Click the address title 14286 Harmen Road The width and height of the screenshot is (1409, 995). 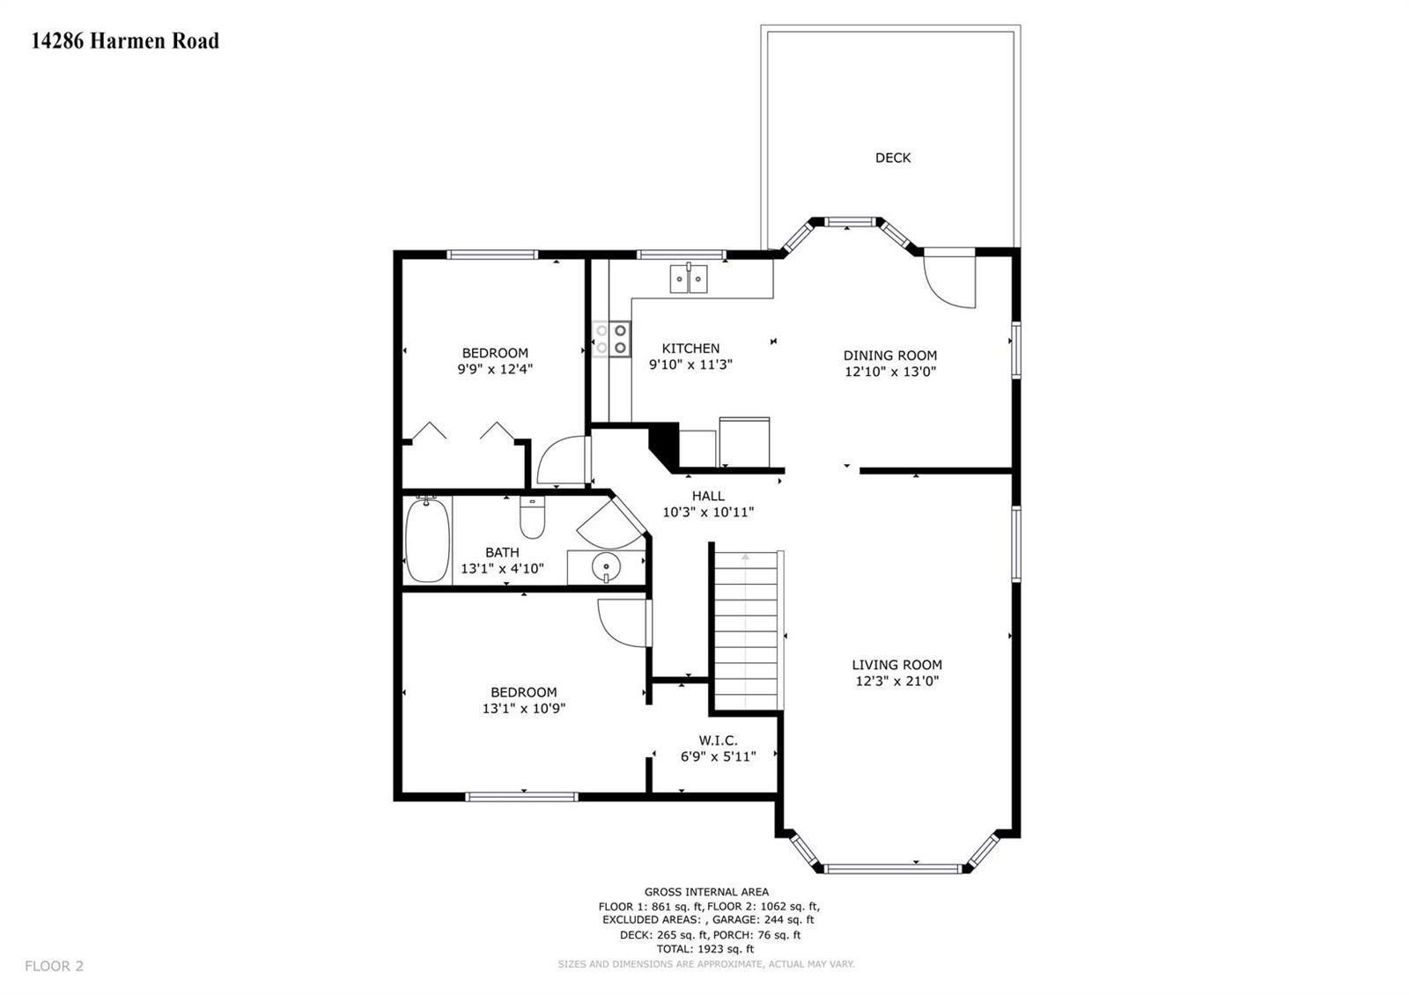[125, 41]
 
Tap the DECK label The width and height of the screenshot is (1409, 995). [893, 158]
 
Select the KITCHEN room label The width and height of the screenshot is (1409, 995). [690, 349]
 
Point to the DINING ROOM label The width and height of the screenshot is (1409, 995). [890, 356]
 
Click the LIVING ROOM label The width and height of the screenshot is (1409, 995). [897, 665]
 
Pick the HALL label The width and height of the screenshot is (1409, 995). [708, 497]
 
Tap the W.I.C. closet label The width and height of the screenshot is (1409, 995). [718, 741]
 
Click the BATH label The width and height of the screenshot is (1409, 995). [502, 553]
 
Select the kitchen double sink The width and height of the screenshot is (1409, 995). [689, 278]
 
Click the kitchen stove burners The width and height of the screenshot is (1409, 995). [611, 338]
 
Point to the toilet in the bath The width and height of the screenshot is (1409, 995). [532, 518]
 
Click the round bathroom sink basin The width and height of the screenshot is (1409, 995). [606, 567]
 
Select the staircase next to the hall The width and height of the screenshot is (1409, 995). [746, 630]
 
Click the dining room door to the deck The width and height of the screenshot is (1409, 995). [949, 277]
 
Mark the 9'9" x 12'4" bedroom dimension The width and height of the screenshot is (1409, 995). [495, 369]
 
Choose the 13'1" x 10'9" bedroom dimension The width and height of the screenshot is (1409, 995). [524, 709]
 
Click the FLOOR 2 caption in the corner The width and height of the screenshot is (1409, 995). [54, 966]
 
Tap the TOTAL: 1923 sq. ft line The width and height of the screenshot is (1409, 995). [705, 949]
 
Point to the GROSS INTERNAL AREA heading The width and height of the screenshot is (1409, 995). [706, 892]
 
